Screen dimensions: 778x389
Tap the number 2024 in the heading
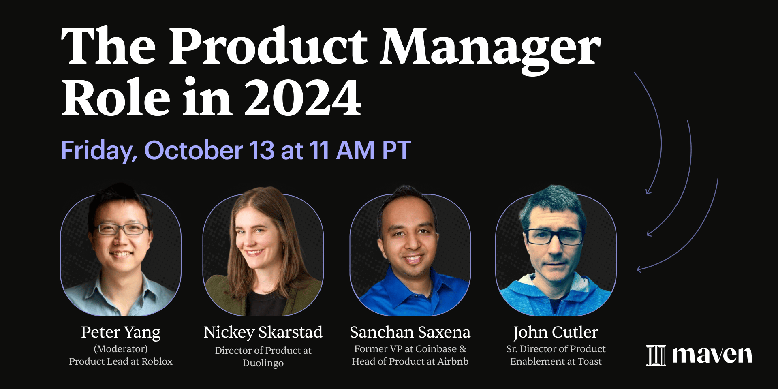[303, 97]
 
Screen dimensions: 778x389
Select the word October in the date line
[193, 150]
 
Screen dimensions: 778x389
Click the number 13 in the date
[262, 150]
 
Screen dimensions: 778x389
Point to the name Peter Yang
[121, 333]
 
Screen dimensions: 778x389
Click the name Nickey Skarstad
[263, 333]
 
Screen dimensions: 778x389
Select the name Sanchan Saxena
[410, 332]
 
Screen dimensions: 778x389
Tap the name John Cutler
[556, 333]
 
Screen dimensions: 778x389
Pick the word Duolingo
[263, 363]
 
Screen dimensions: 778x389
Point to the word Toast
[590, 361]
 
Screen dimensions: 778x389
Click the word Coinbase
[436, 349]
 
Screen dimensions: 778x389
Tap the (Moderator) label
[121, 349]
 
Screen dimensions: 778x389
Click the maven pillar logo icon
[656, 355]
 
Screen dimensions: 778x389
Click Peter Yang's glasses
[122, 229]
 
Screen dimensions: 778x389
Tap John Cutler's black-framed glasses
[554, 237]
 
